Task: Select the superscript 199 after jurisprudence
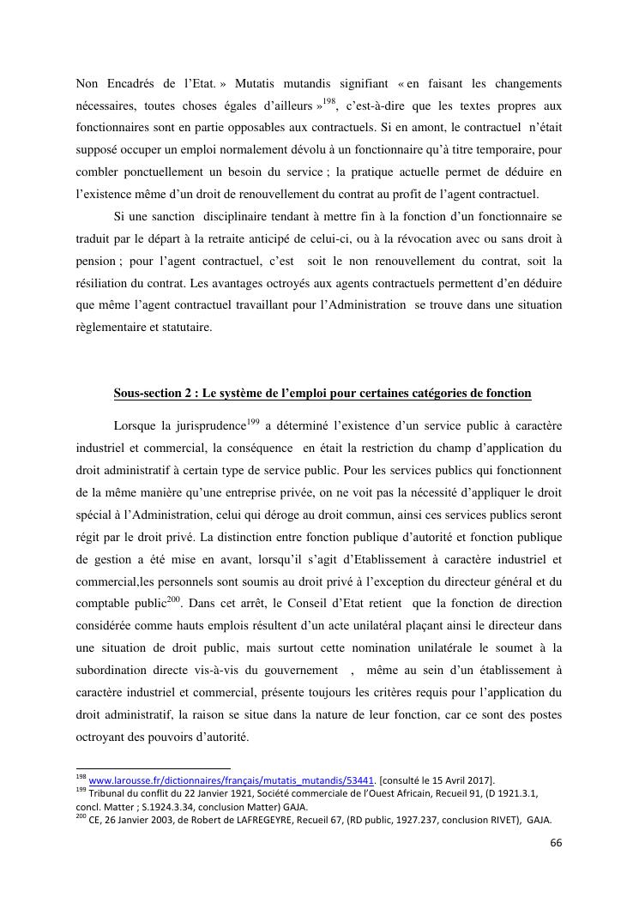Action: click(253, 421)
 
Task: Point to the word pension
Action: click(94, 261)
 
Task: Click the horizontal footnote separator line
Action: click(154, 768)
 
